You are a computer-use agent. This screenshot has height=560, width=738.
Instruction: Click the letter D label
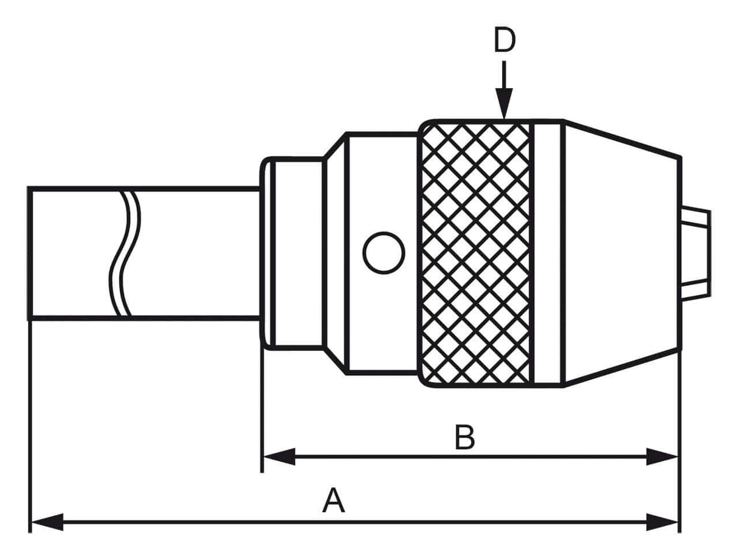pos(504,41)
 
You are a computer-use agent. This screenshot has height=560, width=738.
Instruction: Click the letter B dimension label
pos(464,438)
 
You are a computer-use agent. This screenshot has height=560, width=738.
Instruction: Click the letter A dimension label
pos(334,502)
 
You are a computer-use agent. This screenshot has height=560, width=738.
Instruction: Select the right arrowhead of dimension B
pos(663,457)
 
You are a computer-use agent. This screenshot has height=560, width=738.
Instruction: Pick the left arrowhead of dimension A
pos(46,522)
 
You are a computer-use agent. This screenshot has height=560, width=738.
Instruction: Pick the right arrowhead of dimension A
pos(663,522)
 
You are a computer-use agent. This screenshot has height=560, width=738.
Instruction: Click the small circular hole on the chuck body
pos(384,252)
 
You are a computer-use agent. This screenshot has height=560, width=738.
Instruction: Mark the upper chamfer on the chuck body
pos(335,145)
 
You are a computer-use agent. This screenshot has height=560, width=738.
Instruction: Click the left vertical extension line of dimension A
pos(29,426)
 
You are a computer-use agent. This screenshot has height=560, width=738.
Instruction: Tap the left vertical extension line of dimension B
pos(262,413)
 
